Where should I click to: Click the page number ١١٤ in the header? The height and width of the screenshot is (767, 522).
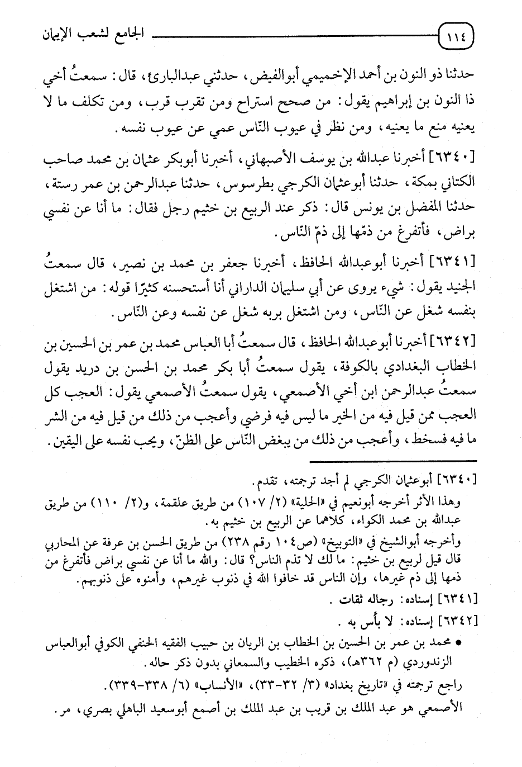[459, 39]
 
